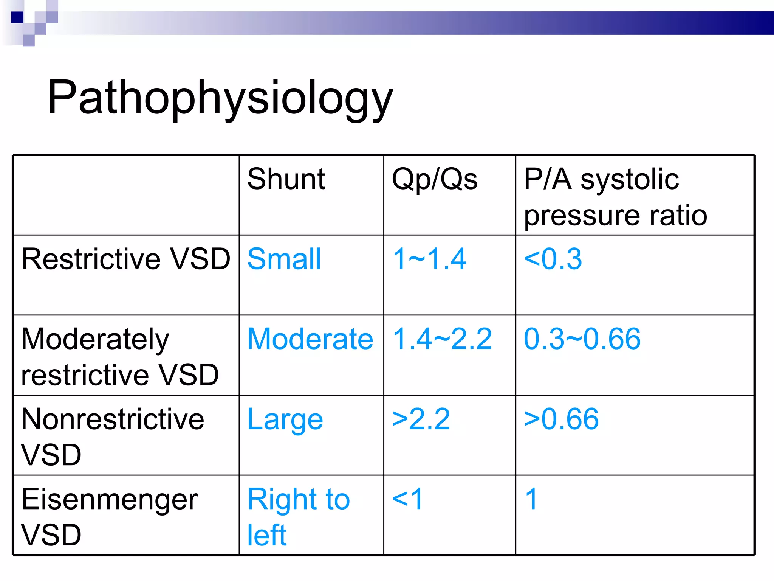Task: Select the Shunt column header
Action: click(x=286, y=179)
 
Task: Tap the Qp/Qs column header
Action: click(x=435, y=179)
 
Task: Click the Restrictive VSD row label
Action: click(x=125, y=259)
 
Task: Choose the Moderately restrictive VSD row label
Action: click(x=120, y=356)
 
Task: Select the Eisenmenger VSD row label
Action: click(x=110, y=516)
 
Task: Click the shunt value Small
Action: click(x=284, y=259)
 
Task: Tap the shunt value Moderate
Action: click(x=310, y=339)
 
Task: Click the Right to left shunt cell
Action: click(x=299, y=516)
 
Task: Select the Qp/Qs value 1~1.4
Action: click(x=429, y=259)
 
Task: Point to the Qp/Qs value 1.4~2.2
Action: click(x=442, y=339)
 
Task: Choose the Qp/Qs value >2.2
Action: click(x=421, y=419)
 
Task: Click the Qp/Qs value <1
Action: click(x=407, y=499)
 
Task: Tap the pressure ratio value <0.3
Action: click(x=553, y=259)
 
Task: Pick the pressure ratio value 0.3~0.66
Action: click(x=582, y=339)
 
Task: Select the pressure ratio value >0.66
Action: click(x=561, y=419)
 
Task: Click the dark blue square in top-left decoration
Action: click(x=17, y=17)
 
